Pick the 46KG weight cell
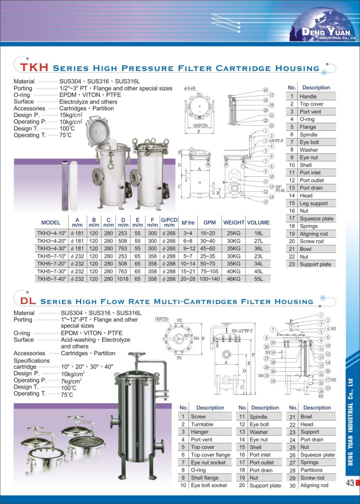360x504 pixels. pos(233,279)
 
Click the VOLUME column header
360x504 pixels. pos(258,223)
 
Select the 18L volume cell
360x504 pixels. pos(258,233)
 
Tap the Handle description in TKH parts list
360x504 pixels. pos(308,96)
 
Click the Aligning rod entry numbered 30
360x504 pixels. pos(314,486)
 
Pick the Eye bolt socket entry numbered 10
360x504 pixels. pos(208,486)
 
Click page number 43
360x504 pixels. pos(349,483)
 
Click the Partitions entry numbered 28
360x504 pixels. pos(311,470)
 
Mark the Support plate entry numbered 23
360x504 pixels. pos(315,265)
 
